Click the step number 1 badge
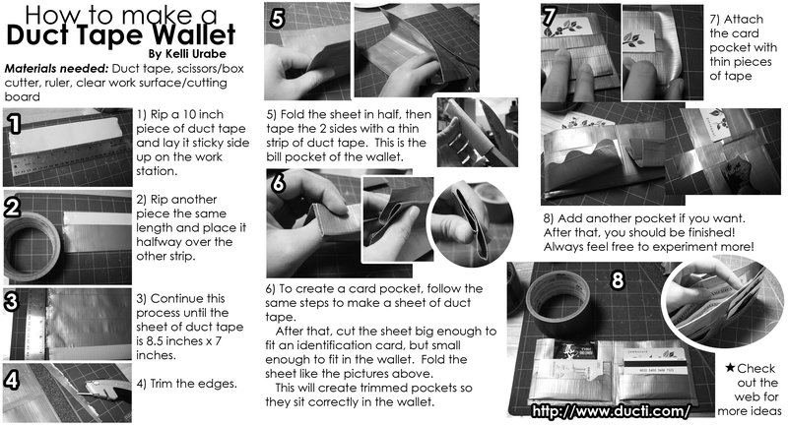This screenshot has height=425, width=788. click(x=14, y=123)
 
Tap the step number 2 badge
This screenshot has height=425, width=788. click(x=14, y=207)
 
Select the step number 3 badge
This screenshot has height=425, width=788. click(x=14, y=300)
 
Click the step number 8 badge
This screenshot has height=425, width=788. click(x=618, y=279)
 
